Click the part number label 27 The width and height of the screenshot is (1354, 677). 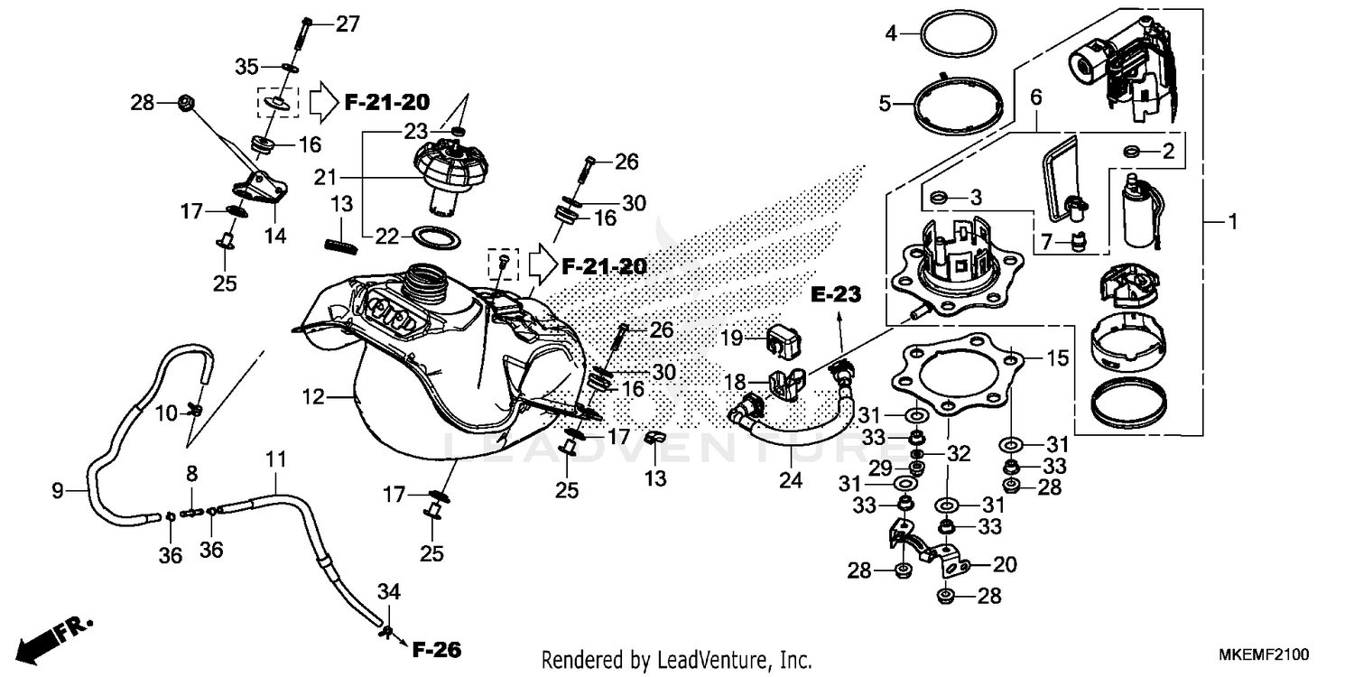point(348,24)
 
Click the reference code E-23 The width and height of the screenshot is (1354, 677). point(836,295)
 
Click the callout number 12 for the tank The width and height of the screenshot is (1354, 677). point(312,395)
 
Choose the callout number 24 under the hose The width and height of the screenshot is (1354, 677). point(791,480)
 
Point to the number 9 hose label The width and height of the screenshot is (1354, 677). point(57,491)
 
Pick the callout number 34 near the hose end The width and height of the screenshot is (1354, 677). point(388,592)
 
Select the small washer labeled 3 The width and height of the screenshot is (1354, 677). point(937,196)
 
